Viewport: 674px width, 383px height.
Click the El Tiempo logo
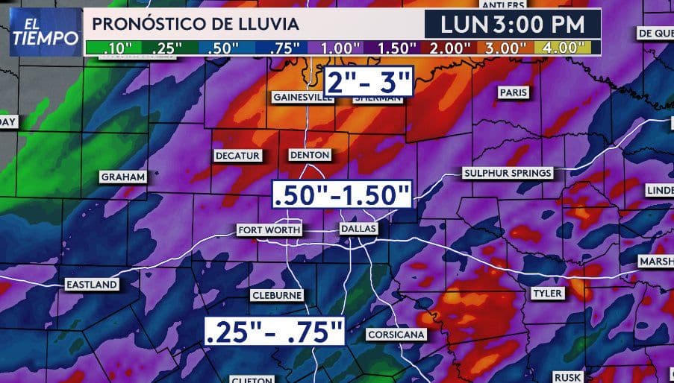tap(44, 32)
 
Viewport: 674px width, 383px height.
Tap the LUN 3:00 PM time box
tap(513, 23)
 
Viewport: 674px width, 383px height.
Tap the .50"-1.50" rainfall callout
tap(342, 194)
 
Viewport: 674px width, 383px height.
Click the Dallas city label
tap(358, 229)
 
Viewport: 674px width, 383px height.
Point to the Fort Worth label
tap(269, 230)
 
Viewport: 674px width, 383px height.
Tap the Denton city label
tap(309, 155)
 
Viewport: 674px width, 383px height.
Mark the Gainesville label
tap(302, 98)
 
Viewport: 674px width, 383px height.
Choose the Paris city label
tap(514, 92)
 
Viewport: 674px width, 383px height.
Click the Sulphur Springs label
tap(508, 173)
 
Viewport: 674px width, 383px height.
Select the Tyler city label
tap(547, 294)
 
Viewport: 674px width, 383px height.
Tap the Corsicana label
tap(396, 335)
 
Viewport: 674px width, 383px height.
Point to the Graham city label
tap(122, 177)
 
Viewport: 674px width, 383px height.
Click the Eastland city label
tap(91, 285)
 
